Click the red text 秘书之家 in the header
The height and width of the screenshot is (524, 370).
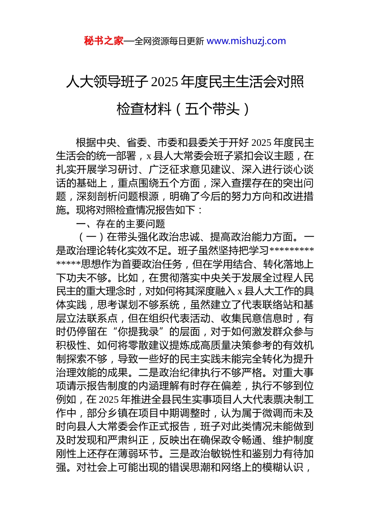[x=104, y=41]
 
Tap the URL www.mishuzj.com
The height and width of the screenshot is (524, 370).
[x=246, y=41]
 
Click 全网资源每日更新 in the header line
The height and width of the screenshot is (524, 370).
[x=169, y=41]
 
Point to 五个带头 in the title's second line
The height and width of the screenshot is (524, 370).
[x=212, y=109]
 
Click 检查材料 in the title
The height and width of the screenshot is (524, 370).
[x=144, y=109]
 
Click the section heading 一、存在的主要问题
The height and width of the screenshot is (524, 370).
[x=121, y=224]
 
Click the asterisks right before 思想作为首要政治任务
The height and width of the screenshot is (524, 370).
[x=69, y=264]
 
